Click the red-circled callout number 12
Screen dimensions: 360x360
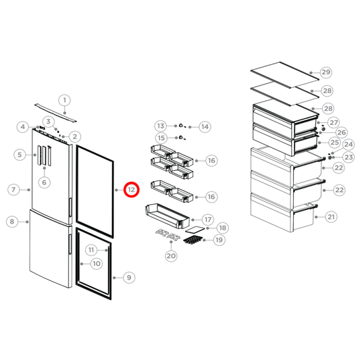point(132,190)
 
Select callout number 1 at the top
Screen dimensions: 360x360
point(65,101)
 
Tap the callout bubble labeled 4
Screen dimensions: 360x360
point(23,126)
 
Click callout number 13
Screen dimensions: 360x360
point(160,126)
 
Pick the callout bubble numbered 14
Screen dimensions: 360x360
point(205,126)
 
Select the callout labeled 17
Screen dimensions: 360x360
point(207,220)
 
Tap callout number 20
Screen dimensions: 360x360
point(170,255)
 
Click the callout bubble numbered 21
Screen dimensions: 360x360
point(331,217)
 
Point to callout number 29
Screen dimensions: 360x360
point(326,72)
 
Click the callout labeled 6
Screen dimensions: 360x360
point(45,182)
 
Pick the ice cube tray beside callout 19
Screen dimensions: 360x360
point(193,239)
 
